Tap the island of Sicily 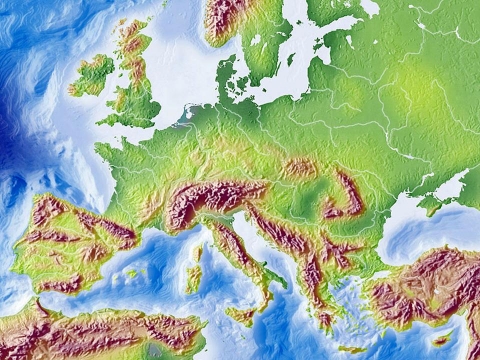coord(241,315)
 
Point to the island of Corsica coord(196,251)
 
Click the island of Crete coord(352,349)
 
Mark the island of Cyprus coord(440,341)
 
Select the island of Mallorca coord(131,273)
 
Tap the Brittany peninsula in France coord(105,150)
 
